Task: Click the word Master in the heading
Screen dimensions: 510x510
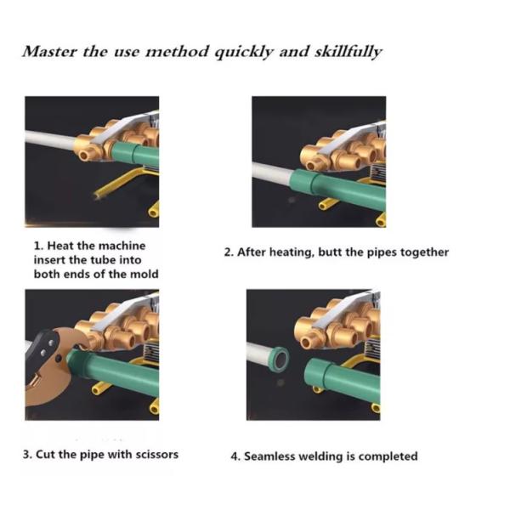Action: point(50,52)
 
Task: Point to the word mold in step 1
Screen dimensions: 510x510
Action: point(144,275)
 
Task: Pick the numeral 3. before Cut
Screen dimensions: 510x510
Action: point(27,454)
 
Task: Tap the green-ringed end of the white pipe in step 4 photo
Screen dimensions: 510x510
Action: point(280,359)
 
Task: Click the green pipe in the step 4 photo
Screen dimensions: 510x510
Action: point(343,380)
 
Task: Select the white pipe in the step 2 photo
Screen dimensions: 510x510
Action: point(273,174)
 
